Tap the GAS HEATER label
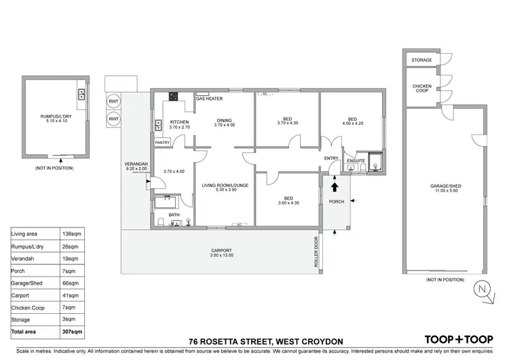pos(209,99)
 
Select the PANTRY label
pos(162,143)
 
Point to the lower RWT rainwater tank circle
pos(113,120)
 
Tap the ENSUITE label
pos(356,161)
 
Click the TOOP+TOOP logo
pos(458,339)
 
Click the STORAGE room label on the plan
pos(421,60)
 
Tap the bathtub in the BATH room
pos(166,202)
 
